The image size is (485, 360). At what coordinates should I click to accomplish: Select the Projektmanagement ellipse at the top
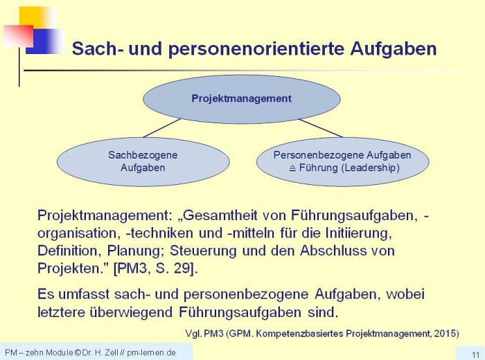242,99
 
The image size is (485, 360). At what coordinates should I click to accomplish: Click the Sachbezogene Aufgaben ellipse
143,161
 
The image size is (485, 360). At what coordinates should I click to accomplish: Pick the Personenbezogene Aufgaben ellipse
343,161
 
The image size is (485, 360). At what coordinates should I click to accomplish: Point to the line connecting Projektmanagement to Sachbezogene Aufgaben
161,128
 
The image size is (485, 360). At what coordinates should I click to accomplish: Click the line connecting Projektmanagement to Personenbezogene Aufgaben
321,128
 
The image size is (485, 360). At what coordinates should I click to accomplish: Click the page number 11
475,354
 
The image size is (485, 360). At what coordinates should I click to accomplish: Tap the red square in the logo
19,36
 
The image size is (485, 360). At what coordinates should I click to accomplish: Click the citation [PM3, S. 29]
156,269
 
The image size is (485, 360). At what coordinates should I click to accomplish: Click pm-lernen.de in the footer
151,352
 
